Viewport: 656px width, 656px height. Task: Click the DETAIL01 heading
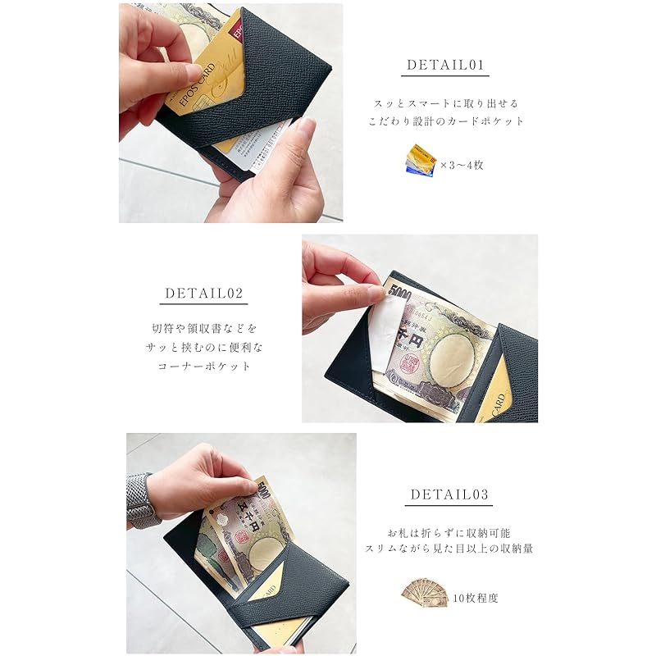[447, 65]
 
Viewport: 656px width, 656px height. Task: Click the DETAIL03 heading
[448, 494]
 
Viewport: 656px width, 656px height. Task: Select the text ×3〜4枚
[462, 165]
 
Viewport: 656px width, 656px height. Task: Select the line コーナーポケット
[204, 367]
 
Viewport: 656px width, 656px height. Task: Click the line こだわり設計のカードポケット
[447, 121]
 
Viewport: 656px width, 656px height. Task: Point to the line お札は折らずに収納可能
[448, 531]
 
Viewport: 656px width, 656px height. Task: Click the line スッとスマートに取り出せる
[447, 104]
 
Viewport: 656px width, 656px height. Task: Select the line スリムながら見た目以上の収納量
[448, 548]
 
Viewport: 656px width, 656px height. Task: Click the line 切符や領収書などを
[204, 329]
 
